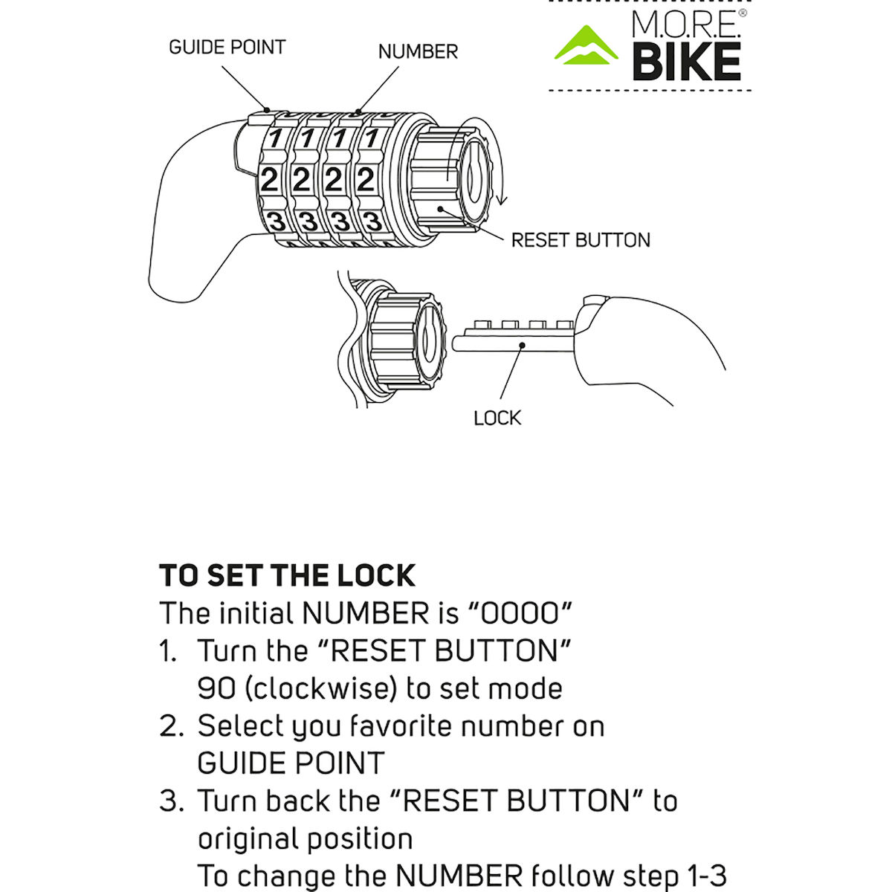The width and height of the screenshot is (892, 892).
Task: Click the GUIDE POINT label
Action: coord(227,47)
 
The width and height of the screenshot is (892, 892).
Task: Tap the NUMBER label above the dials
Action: coord(418,51)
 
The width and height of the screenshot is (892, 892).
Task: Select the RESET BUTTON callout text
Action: coord(581,240)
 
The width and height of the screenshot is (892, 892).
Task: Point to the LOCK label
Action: coord(497,418)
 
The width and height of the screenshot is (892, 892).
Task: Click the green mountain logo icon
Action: coord(586,46)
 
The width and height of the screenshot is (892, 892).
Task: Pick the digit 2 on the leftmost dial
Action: coord(269,180)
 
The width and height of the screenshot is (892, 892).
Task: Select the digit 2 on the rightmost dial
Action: coord(365,180)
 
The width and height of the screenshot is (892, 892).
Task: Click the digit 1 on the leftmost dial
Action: coord(275,138)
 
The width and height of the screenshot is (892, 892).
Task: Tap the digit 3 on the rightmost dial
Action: coord(372,222)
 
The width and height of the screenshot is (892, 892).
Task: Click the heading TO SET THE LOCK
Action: coord(287,576)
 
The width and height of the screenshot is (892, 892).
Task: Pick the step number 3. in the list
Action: coord(172,801)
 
